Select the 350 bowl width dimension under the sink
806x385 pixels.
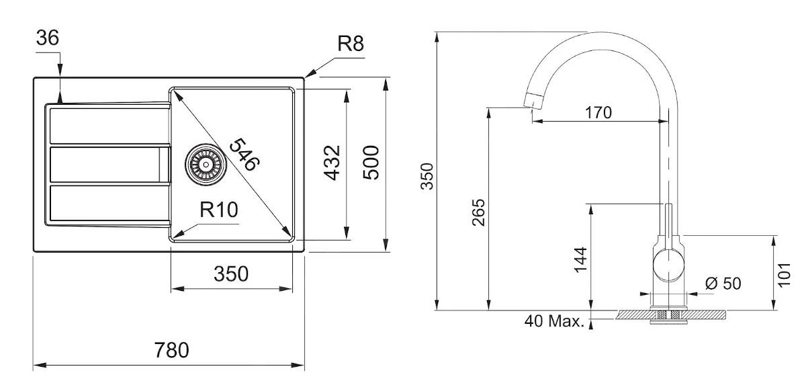pos(231,274)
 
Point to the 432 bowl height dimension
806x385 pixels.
pos(332,163)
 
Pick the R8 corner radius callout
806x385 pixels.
pos(350,45)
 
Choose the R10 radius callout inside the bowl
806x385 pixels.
pos(218,210)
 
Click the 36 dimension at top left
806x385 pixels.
pos(48,39)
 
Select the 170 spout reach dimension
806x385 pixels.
pos(598,112)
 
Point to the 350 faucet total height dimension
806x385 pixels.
pos(427,176)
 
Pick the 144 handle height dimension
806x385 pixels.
pos(581,260)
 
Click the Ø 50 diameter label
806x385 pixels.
pos(723,284)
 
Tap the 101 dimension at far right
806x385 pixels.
pos(785,274)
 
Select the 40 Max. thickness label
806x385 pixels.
pos(554,321)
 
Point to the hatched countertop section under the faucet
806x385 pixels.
pos(705,314)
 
